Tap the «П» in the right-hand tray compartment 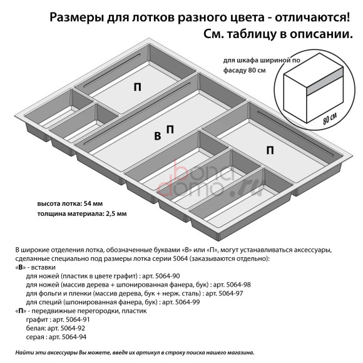click(x=270, y=150)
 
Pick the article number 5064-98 click(x=237, y=284)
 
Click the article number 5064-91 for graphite click(x=72, y=319)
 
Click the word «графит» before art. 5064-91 click(x=36, y=319)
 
